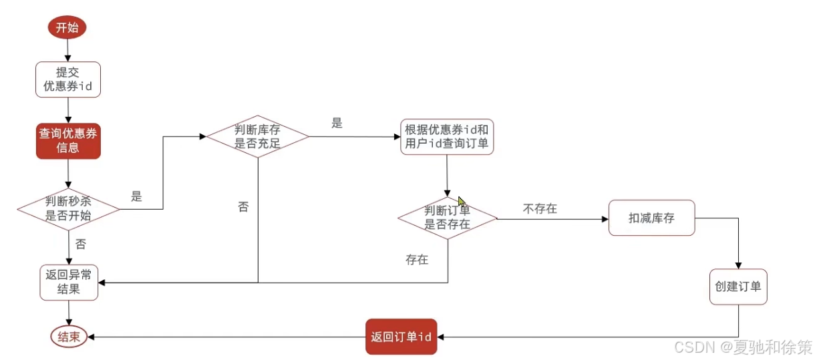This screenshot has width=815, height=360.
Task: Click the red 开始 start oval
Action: (x=67, y=28)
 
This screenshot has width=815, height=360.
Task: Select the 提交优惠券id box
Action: (x=67, y=79)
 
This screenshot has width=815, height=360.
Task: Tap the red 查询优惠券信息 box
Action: (x=68, y=141)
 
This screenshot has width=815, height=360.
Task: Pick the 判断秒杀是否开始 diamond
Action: (x=68, y=208)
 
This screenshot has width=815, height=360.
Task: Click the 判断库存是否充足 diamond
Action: (x=257, y=136)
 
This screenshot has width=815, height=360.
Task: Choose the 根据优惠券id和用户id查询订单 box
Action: (x=448, y=137)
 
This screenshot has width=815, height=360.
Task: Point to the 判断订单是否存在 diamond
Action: (x=448, y=218)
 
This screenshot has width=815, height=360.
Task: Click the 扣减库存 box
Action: (x=651, y=218)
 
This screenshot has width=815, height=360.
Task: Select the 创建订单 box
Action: (x=738, y=287)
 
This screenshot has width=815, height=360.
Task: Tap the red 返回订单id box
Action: (x=401, y=336)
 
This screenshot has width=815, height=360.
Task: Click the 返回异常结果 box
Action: (x=69, y=282)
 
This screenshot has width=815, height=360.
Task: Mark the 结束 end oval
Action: (x=69, y=337)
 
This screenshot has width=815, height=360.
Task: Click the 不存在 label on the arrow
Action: (x=540, y=209)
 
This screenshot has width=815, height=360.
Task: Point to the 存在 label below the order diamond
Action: (x=417, y=260)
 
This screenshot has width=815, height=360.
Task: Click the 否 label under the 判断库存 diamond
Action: (x=243, y=207)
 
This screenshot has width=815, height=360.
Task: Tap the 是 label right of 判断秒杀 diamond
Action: (x=137, y=196)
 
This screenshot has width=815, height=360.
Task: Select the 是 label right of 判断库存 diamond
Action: (x=337, y=123)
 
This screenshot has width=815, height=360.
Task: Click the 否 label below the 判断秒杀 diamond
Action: (x=81, y=244)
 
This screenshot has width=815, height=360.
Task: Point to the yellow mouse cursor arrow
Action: (x=462, y=201)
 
